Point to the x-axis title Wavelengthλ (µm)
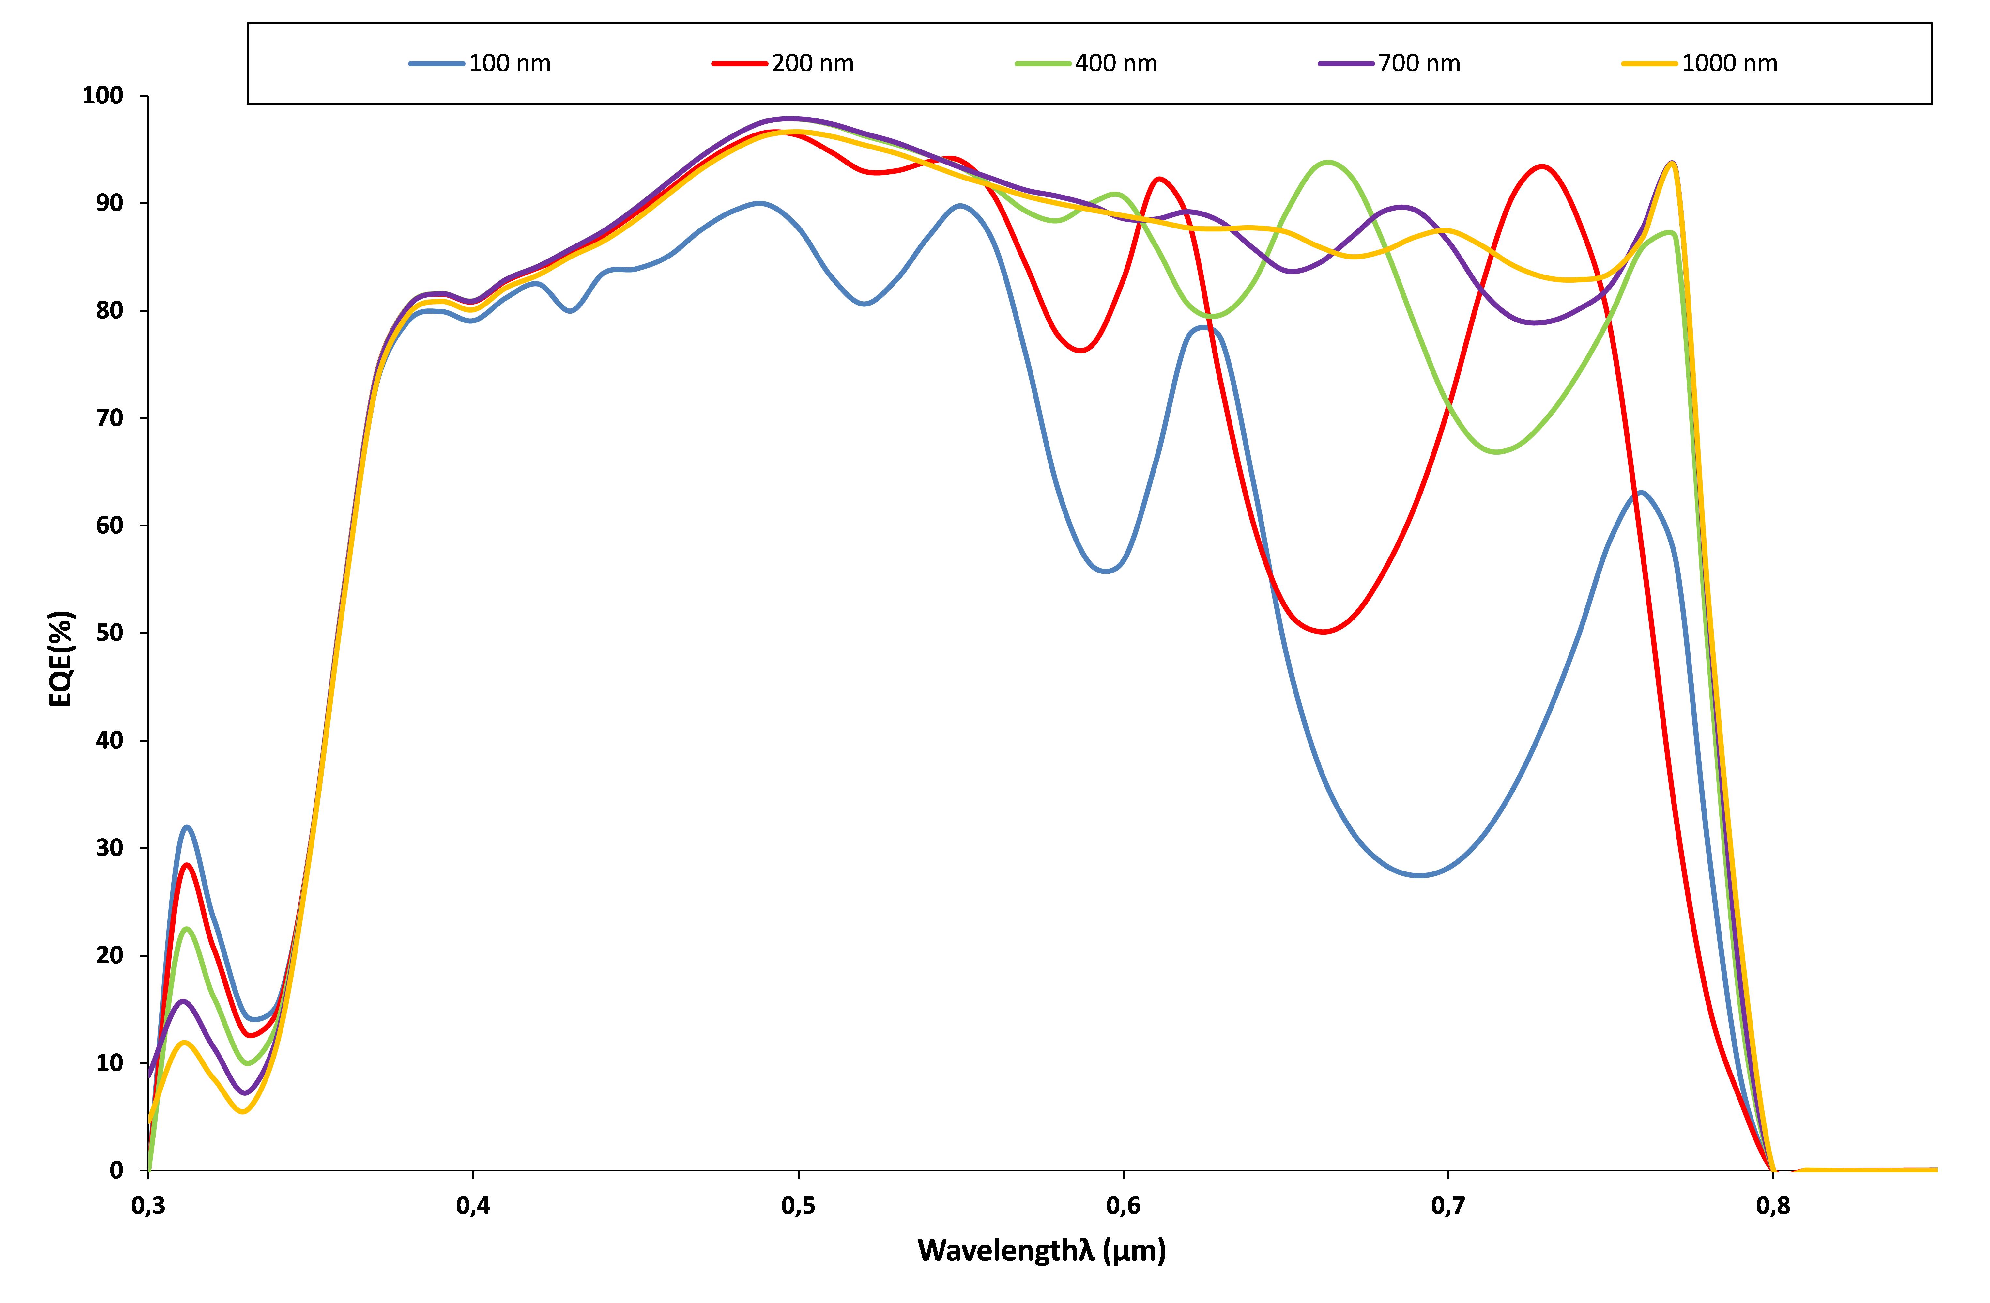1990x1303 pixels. [1042, 1250]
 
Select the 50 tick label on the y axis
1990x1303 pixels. [110, 633]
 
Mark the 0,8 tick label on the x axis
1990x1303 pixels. [1773, 1206]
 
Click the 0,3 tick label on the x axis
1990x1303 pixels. [148, 1206]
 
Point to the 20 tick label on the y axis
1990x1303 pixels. [110, 955]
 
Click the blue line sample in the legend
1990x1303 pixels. [436, 64]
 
